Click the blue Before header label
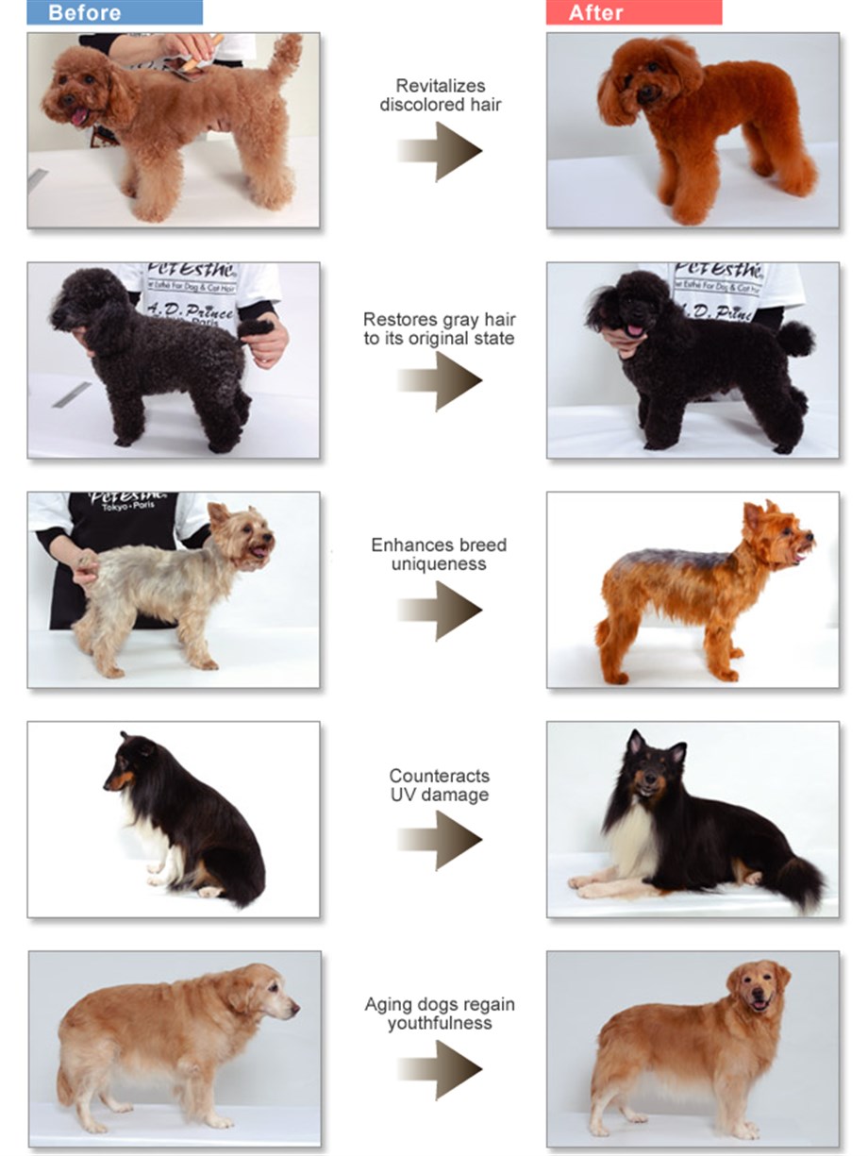[114, 12]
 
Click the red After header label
[633, 12]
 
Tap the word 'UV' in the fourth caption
[407, 795]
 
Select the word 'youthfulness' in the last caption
[440, 1023]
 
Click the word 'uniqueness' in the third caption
[440, 564]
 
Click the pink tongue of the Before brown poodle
[79, 117]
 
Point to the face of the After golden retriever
[757, 989]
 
